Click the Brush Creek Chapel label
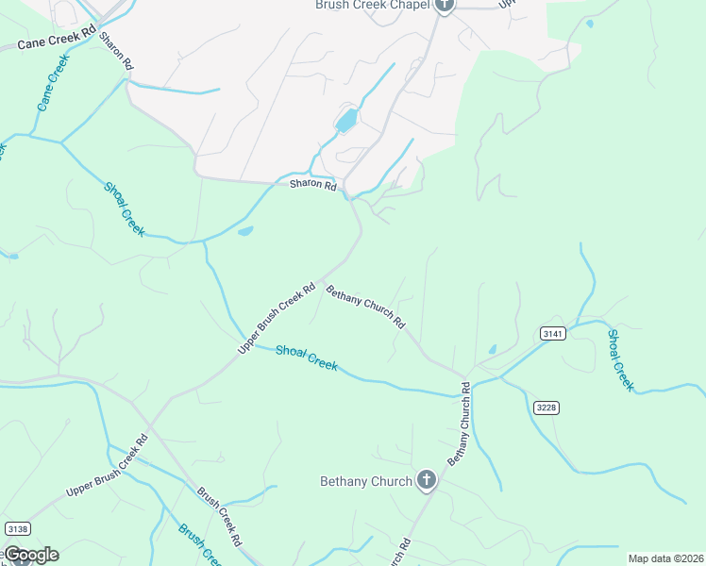click(372, 5)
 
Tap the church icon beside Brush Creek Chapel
click(445, 5)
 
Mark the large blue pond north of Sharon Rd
click(347, 120)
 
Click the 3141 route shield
click(553, 333)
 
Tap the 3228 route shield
click(545, 407)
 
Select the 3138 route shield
click(17, 528)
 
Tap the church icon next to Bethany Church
click(426, 481)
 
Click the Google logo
click(31, 554)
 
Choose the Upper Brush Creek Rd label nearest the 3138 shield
click(108, 468)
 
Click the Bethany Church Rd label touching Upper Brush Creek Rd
click(365, 307)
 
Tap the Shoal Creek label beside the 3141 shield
click(620, 360)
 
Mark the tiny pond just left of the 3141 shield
click(492, 350)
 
